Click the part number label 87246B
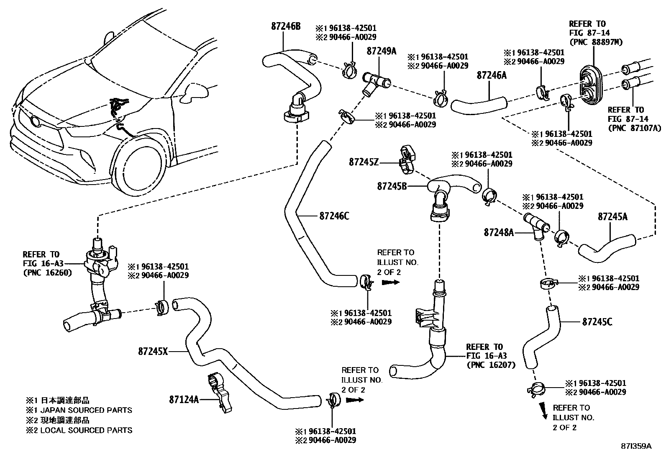[286, 26]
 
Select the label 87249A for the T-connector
[381, 51]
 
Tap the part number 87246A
[492, 75]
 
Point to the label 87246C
[334, 216]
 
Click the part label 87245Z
[364, 162]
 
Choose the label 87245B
[392, 186]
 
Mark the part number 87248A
[498, 232]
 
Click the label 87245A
[612, 216]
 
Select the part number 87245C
[597, 322]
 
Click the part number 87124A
[184, 399]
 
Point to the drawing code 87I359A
[636, 446]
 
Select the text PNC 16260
[47, 272]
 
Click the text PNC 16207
[491, 365]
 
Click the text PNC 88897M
[589, 42]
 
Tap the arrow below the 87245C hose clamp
[543, 411]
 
